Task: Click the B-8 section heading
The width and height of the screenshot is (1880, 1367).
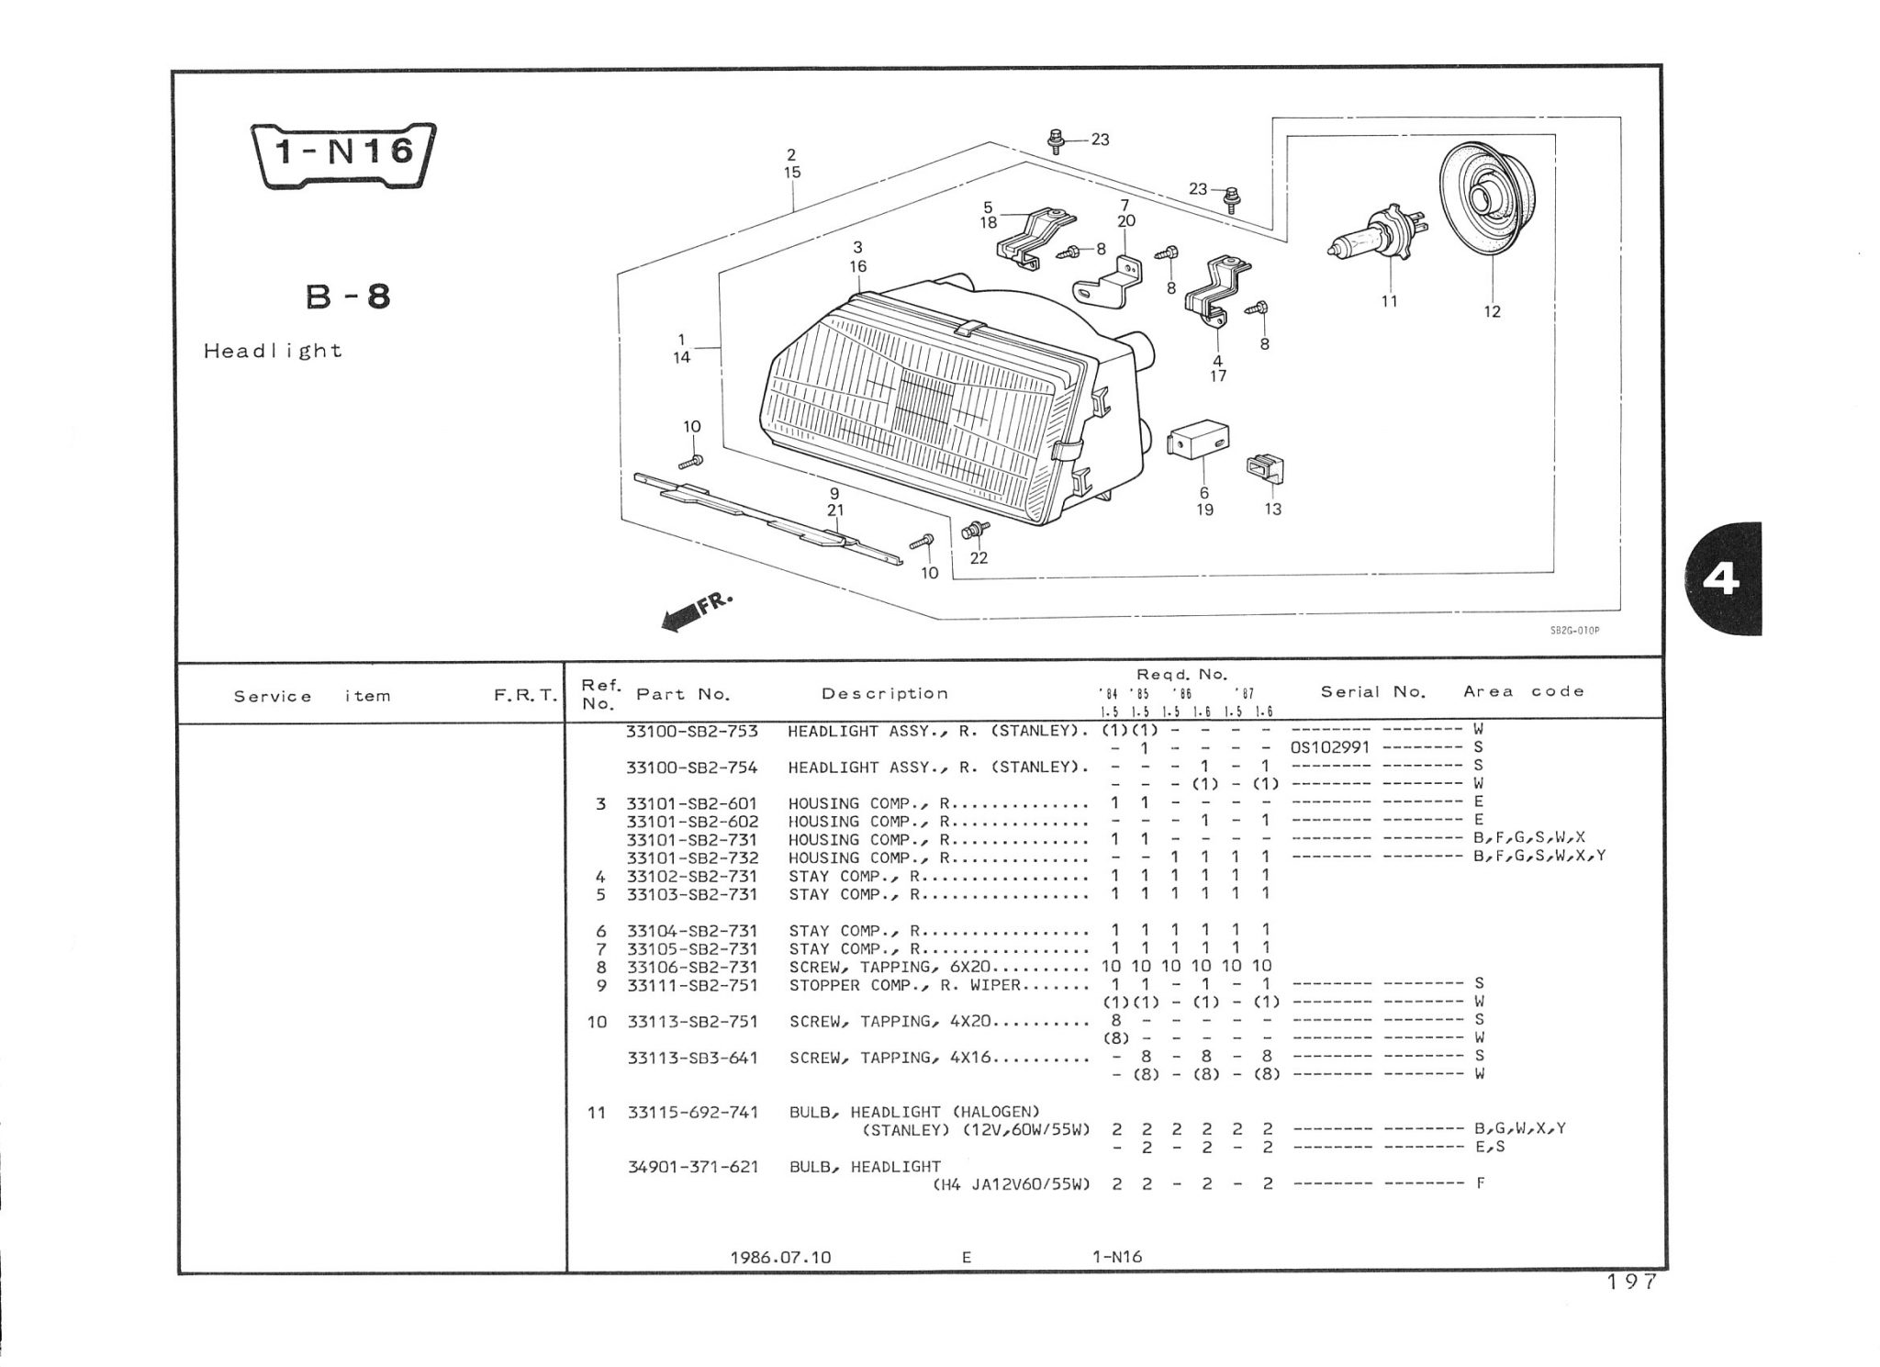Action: click(x=347, y=297)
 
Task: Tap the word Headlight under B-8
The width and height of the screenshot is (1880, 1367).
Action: click(x=273, y=351)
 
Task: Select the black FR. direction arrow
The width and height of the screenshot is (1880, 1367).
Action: click(x=680, y=620)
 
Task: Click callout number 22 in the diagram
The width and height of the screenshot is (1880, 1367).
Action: click(x=979, y=558)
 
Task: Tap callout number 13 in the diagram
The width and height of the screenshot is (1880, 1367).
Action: click(x=1272, y=510)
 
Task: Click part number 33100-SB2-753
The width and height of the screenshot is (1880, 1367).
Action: click(x=692, y=732)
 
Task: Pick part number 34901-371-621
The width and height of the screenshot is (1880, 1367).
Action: click(x=692, y=1166)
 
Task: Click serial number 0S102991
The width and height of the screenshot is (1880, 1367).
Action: click(x=1329, y=747)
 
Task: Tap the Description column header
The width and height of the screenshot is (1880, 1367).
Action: click(x=884, y=694)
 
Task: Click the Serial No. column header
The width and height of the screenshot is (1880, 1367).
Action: click(x=1372, y=692)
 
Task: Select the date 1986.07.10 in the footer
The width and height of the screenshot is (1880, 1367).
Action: click(x=780, y=1258)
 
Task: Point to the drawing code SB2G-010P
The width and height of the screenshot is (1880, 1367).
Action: click(x=1574, y=631)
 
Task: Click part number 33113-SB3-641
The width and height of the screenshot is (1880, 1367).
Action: click(x=692, y=1058)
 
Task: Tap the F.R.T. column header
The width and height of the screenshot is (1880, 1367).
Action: click(x=525, y=696)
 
